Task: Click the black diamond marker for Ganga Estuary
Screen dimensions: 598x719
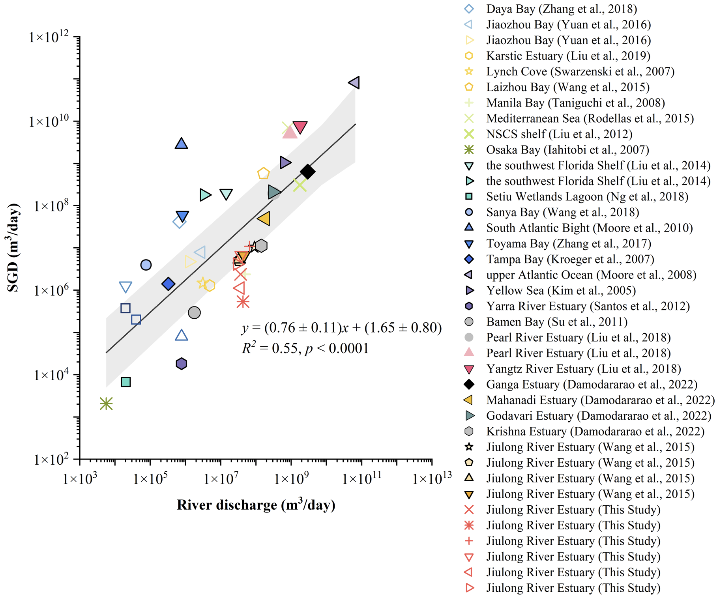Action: [x=308, y=172]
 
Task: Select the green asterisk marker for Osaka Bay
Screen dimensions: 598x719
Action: [x=106, y=404]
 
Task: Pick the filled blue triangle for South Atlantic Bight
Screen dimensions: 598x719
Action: [x=181, y=144]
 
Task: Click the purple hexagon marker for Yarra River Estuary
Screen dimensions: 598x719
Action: [x=181, y=364]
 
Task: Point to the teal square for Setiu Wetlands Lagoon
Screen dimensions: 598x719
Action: [x=125, y=382]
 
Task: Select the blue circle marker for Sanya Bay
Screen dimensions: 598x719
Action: [x=146, y=265]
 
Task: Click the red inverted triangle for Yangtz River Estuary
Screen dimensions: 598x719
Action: [x=300, y=127]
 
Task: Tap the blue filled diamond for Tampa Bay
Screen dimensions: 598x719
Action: [x=169, y=284]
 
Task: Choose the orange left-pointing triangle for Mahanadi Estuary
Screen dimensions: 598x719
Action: [x=264, y=218]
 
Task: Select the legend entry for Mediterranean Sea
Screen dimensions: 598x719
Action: [x=590, y=118]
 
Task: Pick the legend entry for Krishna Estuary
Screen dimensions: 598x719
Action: [x=595, y=431]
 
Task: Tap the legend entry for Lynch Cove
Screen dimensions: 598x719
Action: [x=580, y=71]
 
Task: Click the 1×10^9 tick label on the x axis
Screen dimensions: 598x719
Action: [x=291, y=479]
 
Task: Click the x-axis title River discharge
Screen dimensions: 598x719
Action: [x=256, y=505]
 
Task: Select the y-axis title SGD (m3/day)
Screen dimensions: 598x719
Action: [x=13, y=248]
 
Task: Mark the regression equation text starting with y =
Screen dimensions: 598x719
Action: [x=341, y=327]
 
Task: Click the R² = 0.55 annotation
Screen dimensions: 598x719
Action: [x=305, y=348]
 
